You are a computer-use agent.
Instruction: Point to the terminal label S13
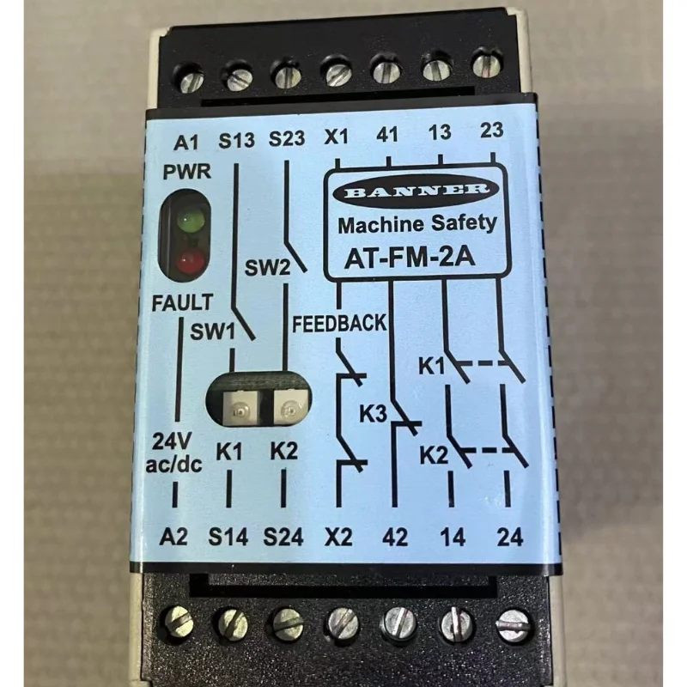click(237, 140)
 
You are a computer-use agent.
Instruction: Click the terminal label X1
click(337, 138)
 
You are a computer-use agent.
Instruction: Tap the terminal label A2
click(174, 538)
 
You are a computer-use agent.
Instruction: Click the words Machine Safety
click(417, 224)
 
